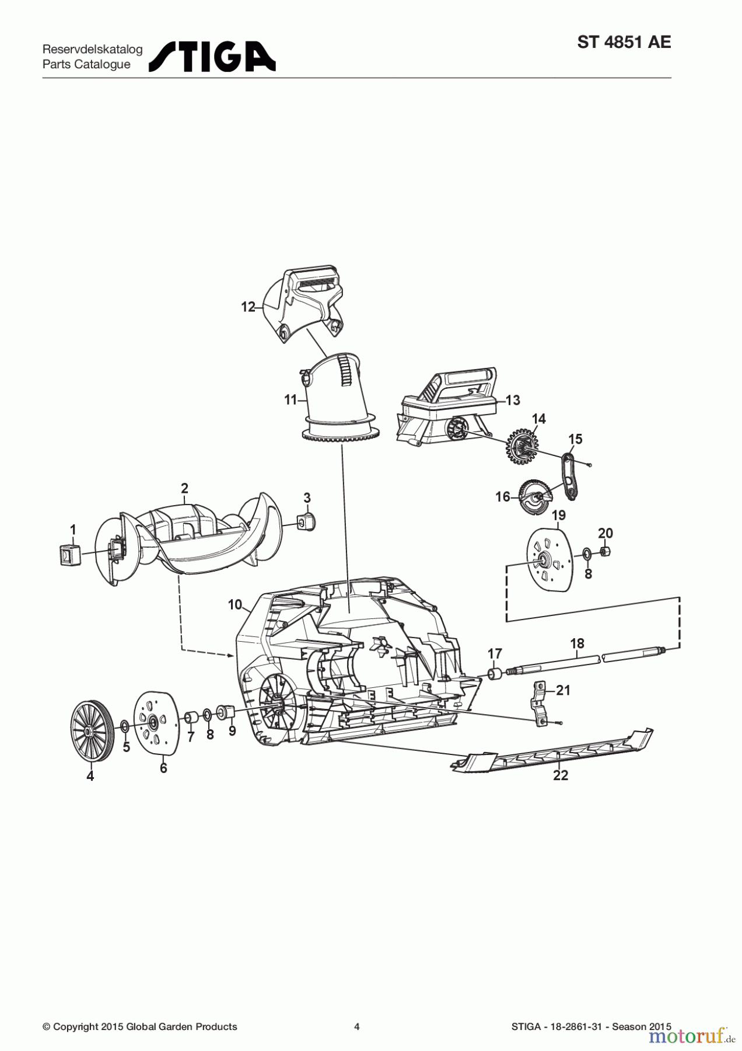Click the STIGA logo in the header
pyautogui.click(x=212, y=57)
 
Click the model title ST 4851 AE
pyautogui.click(x=624, y=43)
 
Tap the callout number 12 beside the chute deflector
pyautogui.click(x=249, y=307)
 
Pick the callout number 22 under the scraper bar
pyautogui.click(x=561, y=775)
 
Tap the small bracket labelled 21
pyautogui.click(x=540, y=703)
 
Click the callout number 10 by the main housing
pyautogui.click(x=235, y=605)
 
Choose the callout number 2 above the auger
pyautogui.click(x=185, y=488)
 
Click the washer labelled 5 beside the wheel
pyautogui.click(x=124, y=727)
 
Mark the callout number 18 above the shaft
pyautogui.click(x=577, y=643)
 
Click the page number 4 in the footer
pyautogui.click(x=357, y=1026)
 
